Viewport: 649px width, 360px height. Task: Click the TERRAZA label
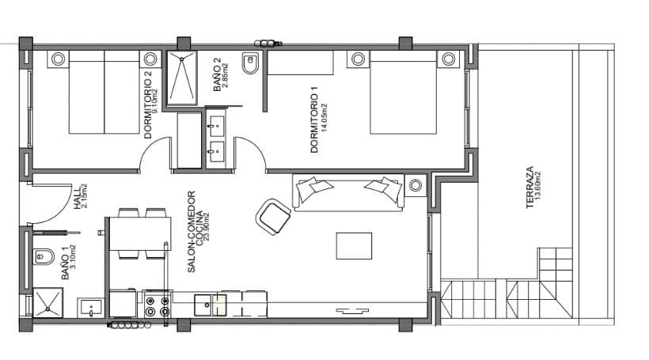click(529, 188)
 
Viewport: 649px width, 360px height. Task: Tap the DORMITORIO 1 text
click(314, 124)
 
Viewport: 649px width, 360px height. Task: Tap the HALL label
click(77, 195)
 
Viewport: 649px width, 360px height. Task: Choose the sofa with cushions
click(348, 191)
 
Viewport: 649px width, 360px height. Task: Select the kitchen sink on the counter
click(210, 302)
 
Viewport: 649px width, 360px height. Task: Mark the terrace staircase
click(507, 301)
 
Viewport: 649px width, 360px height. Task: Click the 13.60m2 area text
click(539, 188)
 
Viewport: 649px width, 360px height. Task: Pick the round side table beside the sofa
click(416, 185)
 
